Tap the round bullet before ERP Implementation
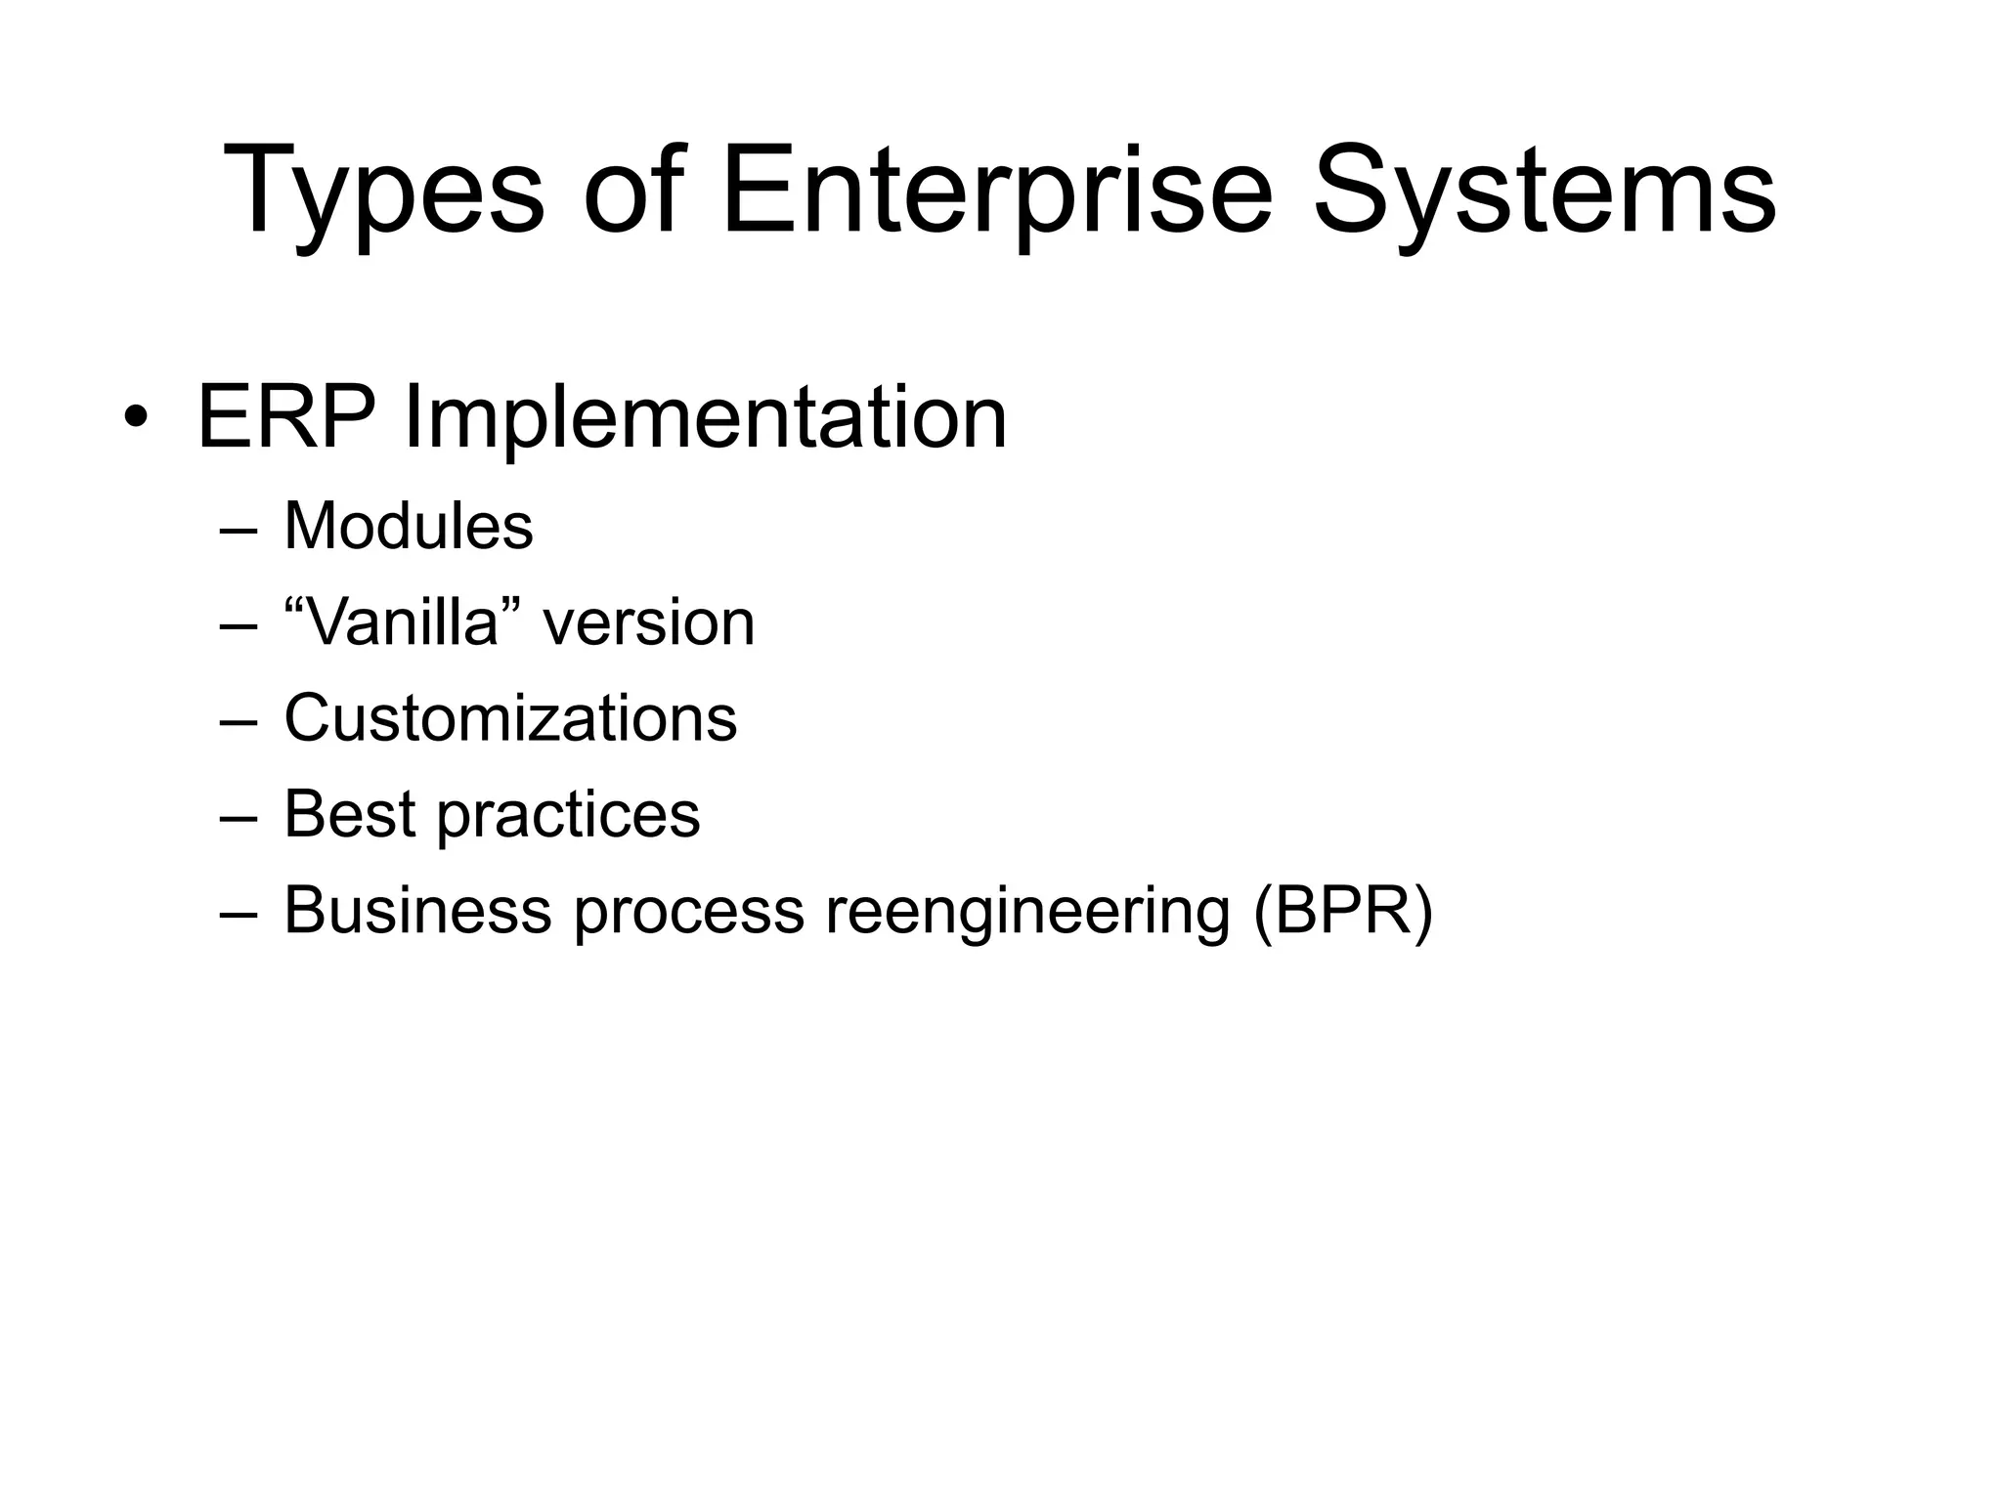point(136,419)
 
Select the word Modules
point(409,526)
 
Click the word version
point(649,623)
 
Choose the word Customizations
point(510,717)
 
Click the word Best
point(349,813)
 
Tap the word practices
point(568,815)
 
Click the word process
point(688,911)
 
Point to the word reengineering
point(1027,911)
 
